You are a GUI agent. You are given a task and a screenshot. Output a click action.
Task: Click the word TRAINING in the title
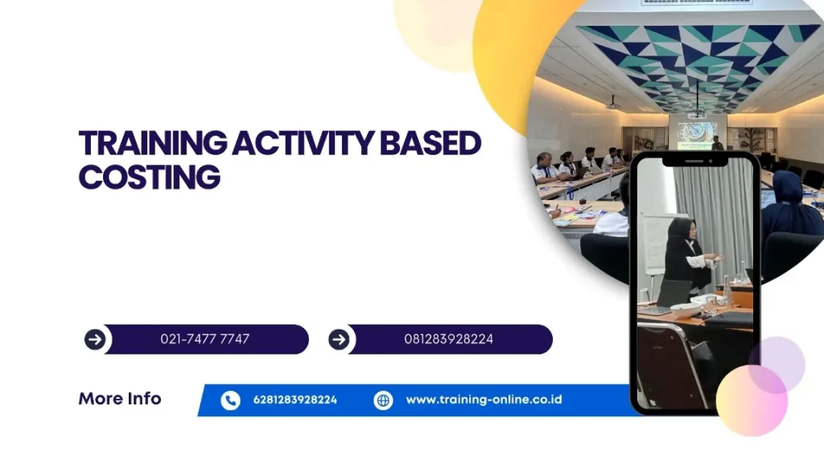click(x=153, y=143)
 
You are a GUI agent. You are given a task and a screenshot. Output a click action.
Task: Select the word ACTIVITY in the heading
click(x=303, y=143)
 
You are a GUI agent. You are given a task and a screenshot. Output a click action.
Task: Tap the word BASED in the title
click(x=431, y=143)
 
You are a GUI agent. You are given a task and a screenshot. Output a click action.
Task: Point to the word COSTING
click(x=150, y=177)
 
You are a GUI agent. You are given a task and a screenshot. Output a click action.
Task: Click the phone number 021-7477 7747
click(x=205, y=339)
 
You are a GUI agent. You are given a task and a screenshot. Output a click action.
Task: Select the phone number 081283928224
click(x=449, y=339)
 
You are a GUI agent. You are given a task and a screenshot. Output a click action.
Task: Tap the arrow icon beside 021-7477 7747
click(x=95, y=340)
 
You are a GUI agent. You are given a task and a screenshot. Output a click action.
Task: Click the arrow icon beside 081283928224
click(x=339, y=340)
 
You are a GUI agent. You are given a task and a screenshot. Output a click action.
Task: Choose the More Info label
click(x=120, y=399)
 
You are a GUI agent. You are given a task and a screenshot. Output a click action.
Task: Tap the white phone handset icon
click(x=230, y=400)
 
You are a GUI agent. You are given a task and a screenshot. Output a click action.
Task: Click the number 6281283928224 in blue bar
click(x=295, y=400)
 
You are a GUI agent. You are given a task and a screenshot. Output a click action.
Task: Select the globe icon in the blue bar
click(x=383, y=400)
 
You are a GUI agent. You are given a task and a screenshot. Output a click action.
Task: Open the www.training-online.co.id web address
click(x=484, y=399)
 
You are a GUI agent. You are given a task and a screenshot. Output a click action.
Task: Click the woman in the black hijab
click(x=687, y=257)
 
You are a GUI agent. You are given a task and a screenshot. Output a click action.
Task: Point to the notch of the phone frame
click(x=694, y=160)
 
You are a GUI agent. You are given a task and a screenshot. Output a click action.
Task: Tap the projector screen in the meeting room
click(x=697, y=135)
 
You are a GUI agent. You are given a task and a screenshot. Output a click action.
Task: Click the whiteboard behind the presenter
click(x=653, y=244)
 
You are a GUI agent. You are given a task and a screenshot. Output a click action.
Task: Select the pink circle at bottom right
click(x=752, y=400)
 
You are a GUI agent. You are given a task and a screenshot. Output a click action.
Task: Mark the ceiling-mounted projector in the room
click(x=612, y=104)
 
